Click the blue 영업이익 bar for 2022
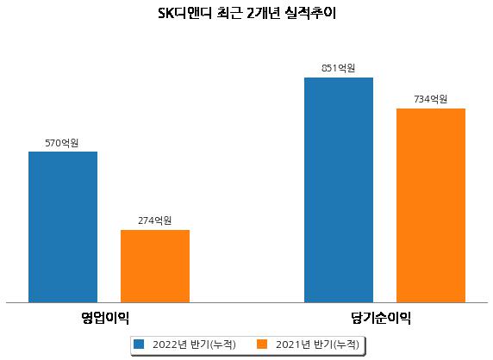click(63, 227)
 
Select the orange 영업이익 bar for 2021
click(155, 266)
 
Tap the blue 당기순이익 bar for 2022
click(339, 190)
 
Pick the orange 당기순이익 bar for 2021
click(431, 206)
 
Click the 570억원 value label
click(62, 143)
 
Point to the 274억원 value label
click(154, 220)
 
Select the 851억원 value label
click(339, 68)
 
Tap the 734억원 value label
click(430, 99)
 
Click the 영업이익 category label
click(105, 318)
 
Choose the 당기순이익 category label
click(381, 318)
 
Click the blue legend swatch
click(139, 344)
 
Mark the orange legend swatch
click(262, 344)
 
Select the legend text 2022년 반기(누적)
click(194, 344)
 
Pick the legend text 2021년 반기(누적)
click(317, 344)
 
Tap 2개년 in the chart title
click(263, 14)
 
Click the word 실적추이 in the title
click(310, 14)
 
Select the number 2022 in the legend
click(165, 344)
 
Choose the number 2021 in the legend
click(289, 344)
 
